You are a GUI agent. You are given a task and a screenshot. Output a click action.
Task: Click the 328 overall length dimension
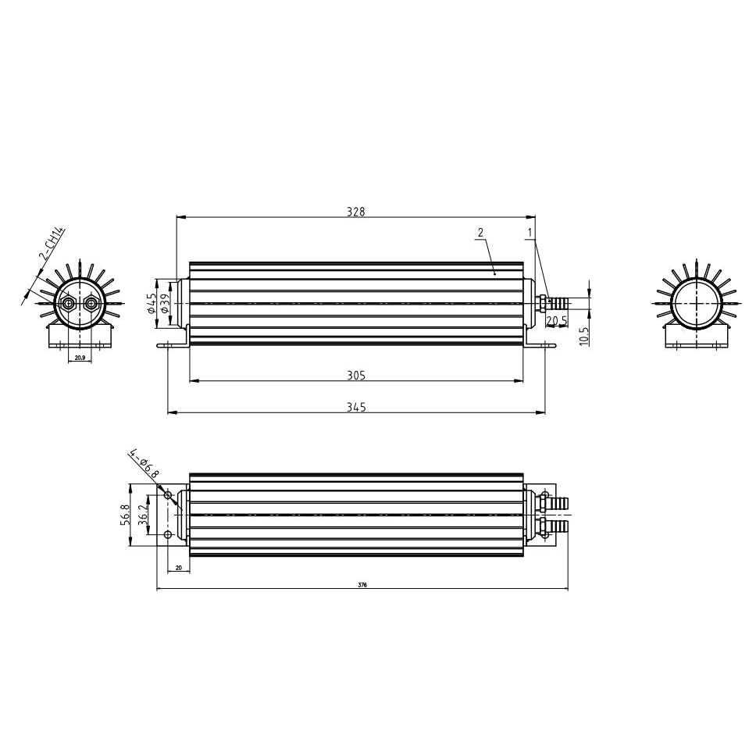click(355, 212)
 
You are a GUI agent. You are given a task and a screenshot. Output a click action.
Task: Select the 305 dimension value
click(356, 376)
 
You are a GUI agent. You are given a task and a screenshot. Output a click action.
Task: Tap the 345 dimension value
click(356, 407)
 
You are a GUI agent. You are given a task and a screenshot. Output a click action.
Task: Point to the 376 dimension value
click(362, 584)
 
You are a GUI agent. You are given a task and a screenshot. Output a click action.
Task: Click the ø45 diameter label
click(151, 303)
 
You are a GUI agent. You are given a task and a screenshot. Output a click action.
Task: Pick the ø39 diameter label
click(164, 303)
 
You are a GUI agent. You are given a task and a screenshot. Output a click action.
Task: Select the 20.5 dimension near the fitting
click(556, 321)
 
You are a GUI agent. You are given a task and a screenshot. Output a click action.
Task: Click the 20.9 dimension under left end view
click(80, 358)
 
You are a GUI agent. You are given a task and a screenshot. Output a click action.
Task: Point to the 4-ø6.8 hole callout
click(144, 463)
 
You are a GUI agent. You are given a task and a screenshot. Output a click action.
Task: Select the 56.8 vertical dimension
click(126, 515)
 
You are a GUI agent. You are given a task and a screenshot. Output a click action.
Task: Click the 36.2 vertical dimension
click(143, 515)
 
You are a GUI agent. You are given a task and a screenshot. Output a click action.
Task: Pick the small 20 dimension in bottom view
click(179, 569)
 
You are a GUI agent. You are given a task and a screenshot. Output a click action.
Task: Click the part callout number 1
click(530, 232)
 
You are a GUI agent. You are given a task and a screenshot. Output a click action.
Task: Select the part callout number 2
click(480, 232)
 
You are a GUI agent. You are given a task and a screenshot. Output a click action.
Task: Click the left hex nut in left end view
click(69, 302)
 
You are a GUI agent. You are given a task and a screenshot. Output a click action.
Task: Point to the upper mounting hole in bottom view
click(169, 495)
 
